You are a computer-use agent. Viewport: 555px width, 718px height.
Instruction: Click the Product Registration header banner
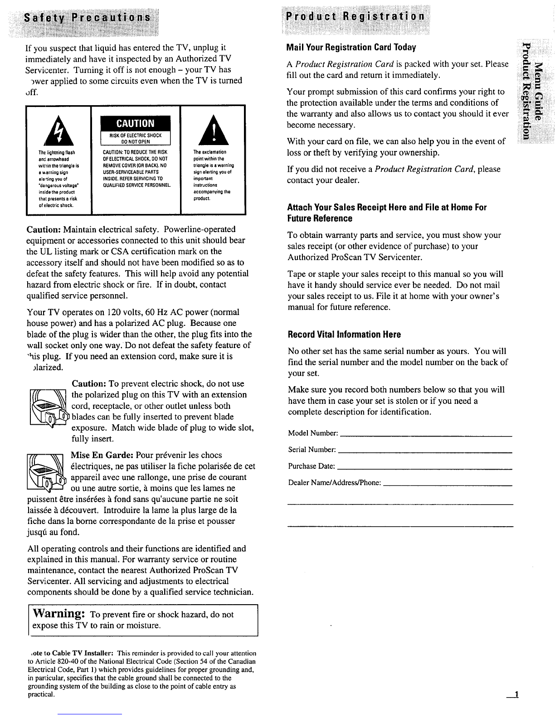(x=354, y=17)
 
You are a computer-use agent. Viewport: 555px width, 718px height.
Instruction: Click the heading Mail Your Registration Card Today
(x=351, y=48)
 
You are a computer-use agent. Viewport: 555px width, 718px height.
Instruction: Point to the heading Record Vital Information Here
(x=344, y=335)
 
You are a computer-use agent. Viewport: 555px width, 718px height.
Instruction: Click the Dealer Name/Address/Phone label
(x=334, y=483)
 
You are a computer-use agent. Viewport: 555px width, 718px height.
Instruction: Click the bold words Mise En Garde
(x=102, y=455)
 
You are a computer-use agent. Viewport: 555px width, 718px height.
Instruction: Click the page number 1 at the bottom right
(x=516, y=695)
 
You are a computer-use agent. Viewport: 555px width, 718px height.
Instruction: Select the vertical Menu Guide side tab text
(x=538, y=90)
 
